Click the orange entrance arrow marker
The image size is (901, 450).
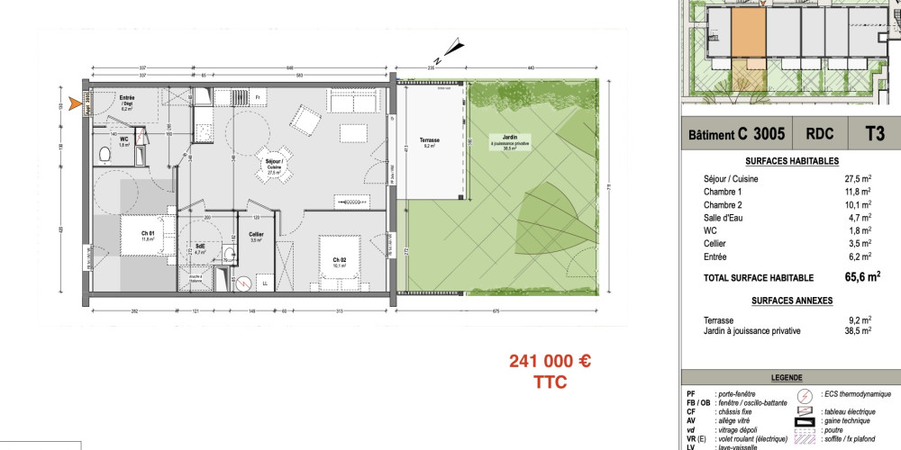pos(77,105)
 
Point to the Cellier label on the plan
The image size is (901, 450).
pos(256,236)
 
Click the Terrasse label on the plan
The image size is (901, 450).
pos(428,140)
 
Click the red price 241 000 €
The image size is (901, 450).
pos(550,361)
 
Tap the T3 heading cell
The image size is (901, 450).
pos(872,134)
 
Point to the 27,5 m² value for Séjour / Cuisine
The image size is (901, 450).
pos(856,179)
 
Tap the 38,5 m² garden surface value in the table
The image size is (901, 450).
pos(856,331)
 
